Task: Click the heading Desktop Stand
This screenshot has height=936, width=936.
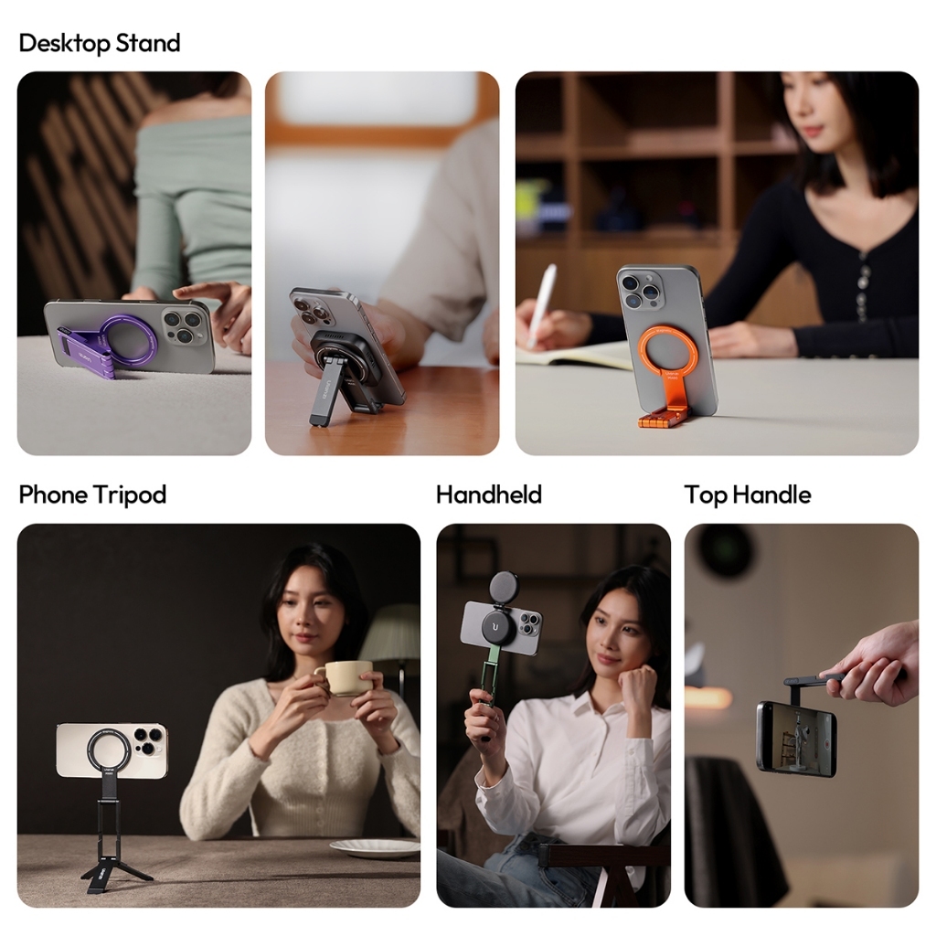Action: coord(100,43)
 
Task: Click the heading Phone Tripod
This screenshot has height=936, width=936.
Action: coord(92,495)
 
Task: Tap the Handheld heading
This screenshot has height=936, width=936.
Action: coord(488,495)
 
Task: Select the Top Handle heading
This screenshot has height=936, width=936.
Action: coord(747,495)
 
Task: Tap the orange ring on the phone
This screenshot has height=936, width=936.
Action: coord(667,352)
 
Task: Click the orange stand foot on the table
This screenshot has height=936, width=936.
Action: coord(663,419)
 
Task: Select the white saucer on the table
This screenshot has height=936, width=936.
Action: coord(374,847)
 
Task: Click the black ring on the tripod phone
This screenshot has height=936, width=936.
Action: coord(110,750)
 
